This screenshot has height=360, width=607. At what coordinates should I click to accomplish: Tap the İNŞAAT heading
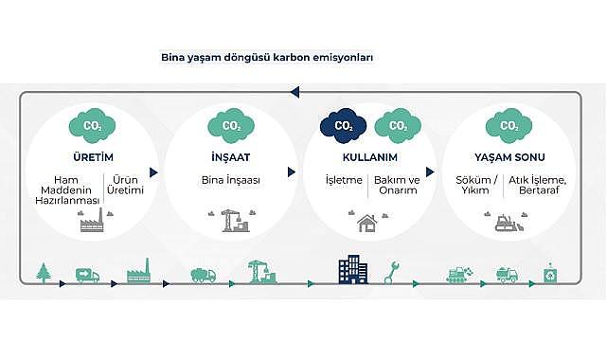230,158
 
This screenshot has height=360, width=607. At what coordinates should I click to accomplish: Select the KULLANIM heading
367,158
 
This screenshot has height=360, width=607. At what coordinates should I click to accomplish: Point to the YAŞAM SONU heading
508,158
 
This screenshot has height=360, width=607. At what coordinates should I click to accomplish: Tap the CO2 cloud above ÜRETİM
93,124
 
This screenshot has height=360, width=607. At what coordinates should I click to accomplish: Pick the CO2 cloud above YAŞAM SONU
508,124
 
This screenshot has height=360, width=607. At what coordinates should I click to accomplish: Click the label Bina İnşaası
230,179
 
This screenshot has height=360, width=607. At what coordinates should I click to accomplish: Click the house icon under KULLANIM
367,224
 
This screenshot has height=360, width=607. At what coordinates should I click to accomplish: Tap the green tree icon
43,273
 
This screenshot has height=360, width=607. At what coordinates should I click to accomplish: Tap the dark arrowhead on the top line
295,92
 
